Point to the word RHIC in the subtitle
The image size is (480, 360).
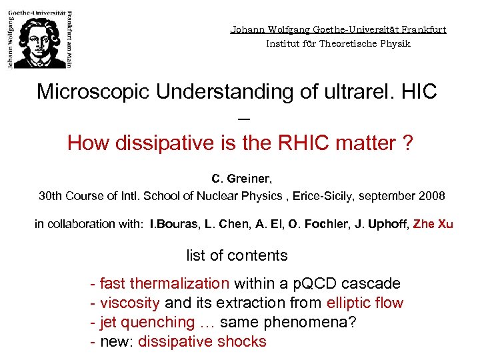click(307, 143)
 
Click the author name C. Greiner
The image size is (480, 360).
click(241, 179)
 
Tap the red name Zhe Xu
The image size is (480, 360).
click(433, 224)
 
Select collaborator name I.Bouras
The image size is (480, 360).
click(171, 224)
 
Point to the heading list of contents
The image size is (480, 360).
click(237, 255)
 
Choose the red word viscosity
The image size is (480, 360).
click(129, 303)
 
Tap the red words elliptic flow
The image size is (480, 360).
click(365, 303)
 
